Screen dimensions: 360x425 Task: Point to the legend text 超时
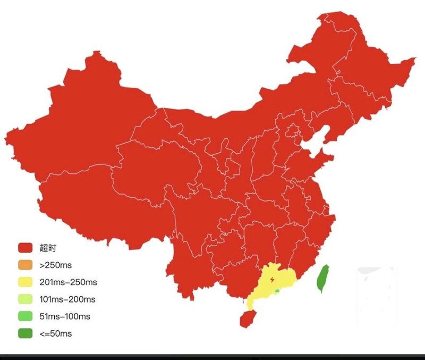[x=47, y=248]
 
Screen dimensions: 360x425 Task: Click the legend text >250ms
[x=55, y=265]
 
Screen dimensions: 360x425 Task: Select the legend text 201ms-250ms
[x=68, y=282]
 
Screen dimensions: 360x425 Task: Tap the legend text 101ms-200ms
[x=67, y=299]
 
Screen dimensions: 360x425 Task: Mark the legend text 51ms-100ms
[x=65, y=316]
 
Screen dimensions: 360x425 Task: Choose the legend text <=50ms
[x=55, y=334]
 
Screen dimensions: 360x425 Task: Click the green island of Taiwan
[x=322, y=279]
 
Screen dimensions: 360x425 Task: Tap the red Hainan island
[x=246, y=319]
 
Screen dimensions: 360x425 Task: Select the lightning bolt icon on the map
[x=273, y=279]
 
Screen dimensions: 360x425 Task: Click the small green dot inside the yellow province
[x=277, y=291]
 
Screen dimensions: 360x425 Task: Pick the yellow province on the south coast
[x=266, y=287]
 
